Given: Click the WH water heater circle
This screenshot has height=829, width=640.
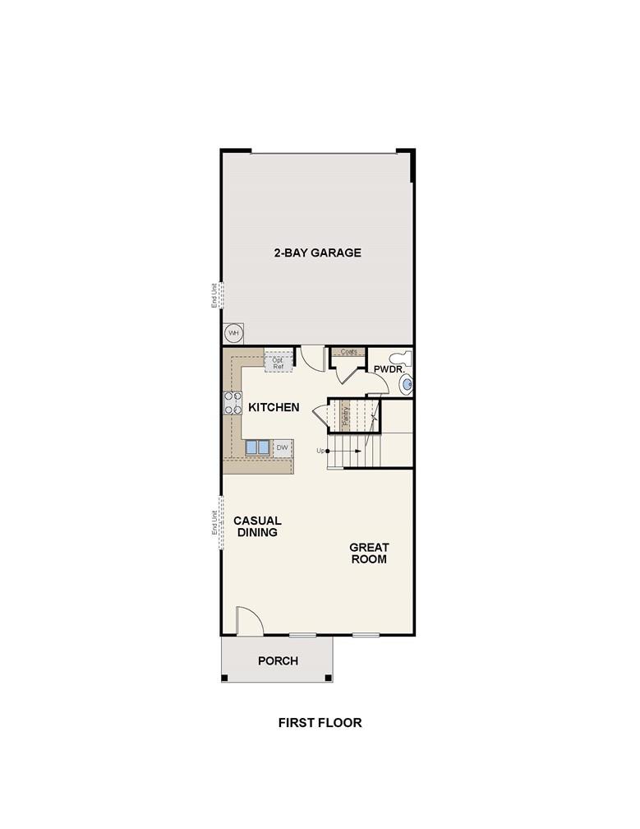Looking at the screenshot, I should (233, 333).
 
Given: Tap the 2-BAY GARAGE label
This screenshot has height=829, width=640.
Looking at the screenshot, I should (317, 252).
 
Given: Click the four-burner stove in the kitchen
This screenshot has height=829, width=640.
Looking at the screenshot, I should (233, 402).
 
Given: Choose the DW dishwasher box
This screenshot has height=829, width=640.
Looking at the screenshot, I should (282, 447).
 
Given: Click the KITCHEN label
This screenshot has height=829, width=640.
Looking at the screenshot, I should (274, 407).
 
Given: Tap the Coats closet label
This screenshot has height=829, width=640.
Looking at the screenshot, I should (348, 352).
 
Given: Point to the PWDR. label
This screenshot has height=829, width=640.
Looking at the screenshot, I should (388, 370).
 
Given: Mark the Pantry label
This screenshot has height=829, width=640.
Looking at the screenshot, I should (346, 414).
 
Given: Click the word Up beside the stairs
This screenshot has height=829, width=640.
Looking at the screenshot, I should (321, 450).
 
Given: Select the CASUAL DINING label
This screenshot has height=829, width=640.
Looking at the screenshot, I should (257, 526).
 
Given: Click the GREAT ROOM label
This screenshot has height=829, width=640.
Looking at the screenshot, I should (369, 553).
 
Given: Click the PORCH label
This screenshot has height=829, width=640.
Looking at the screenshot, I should (278, 660).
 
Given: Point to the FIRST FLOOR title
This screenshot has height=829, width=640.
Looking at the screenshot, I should (320, 723).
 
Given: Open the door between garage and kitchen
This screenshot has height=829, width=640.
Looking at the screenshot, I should (311, 357).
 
